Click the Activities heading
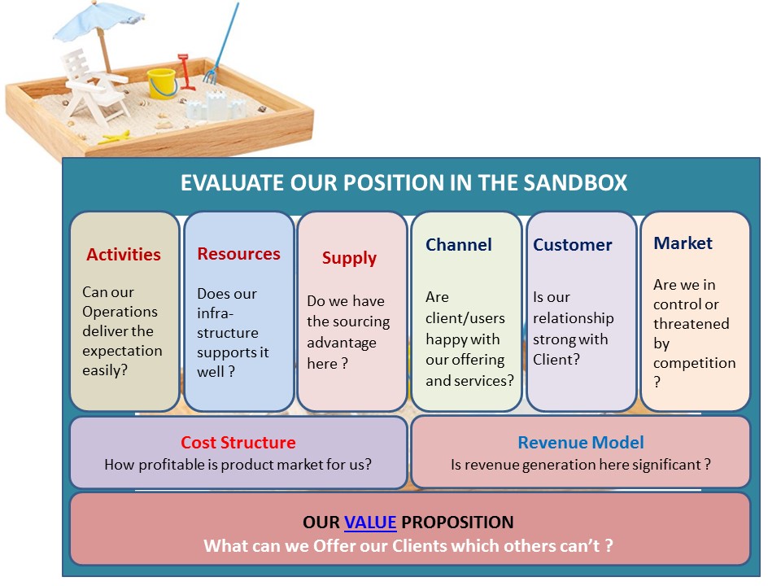click(124, 255)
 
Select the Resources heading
click(238, 254)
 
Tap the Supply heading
click(349, 258)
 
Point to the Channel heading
click(459, 245)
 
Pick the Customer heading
click(573, 245)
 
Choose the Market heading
click(683, 243)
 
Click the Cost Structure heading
click(238, 444)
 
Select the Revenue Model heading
click(581, 444)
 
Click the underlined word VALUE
click(370, 523)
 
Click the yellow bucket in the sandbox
click(162, 83)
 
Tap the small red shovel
click(186, 72)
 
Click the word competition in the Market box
click(694, 363)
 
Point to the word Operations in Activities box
click(120, 312)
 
